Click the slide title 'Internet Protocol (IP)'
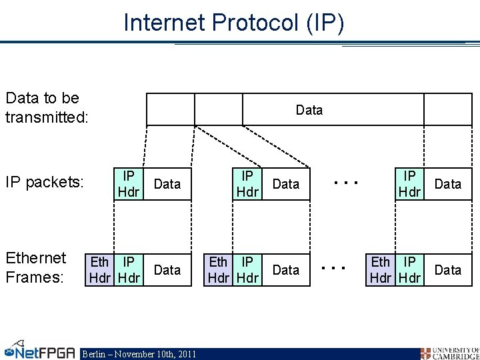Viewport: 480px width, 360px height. [x=234, y=23]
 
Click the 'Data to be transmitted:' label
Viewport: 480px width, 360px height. [x=42, y=107]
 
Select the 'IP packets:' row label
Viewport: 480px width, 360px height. [x=44, y=182]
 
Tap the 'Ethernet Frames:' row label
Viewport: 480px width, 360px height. [x=36, y=267]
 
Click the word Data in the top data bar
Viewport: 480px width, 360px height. [x=309, y=110]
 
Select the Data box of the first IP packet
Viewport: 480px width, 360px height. [x=167, y=184]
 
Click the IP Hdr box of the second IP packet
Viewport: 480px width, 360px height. [x=247, y=183]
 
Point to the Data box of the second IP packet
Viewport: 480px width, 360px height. [x=286, y=184]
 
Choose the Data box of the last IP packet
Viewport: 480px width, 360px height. [x=447, y=184]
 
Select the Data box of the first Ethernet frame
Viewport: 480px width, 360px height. [x=167, y=270]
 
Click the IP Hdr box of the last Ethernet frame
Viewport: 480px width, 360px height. [x=410, y=269]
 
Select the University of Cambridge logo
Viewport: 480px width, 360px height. [x=449, y=353]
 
